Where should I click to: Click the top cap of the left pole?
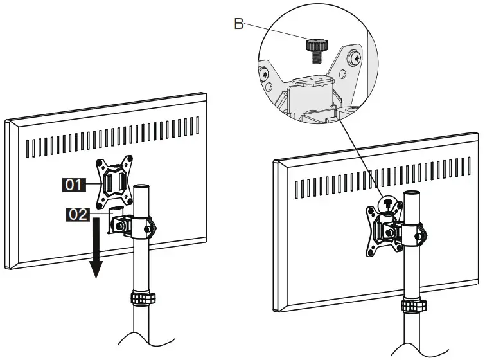pos(142,187)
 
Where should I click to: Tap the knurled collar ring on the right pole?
pos(412,305)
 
